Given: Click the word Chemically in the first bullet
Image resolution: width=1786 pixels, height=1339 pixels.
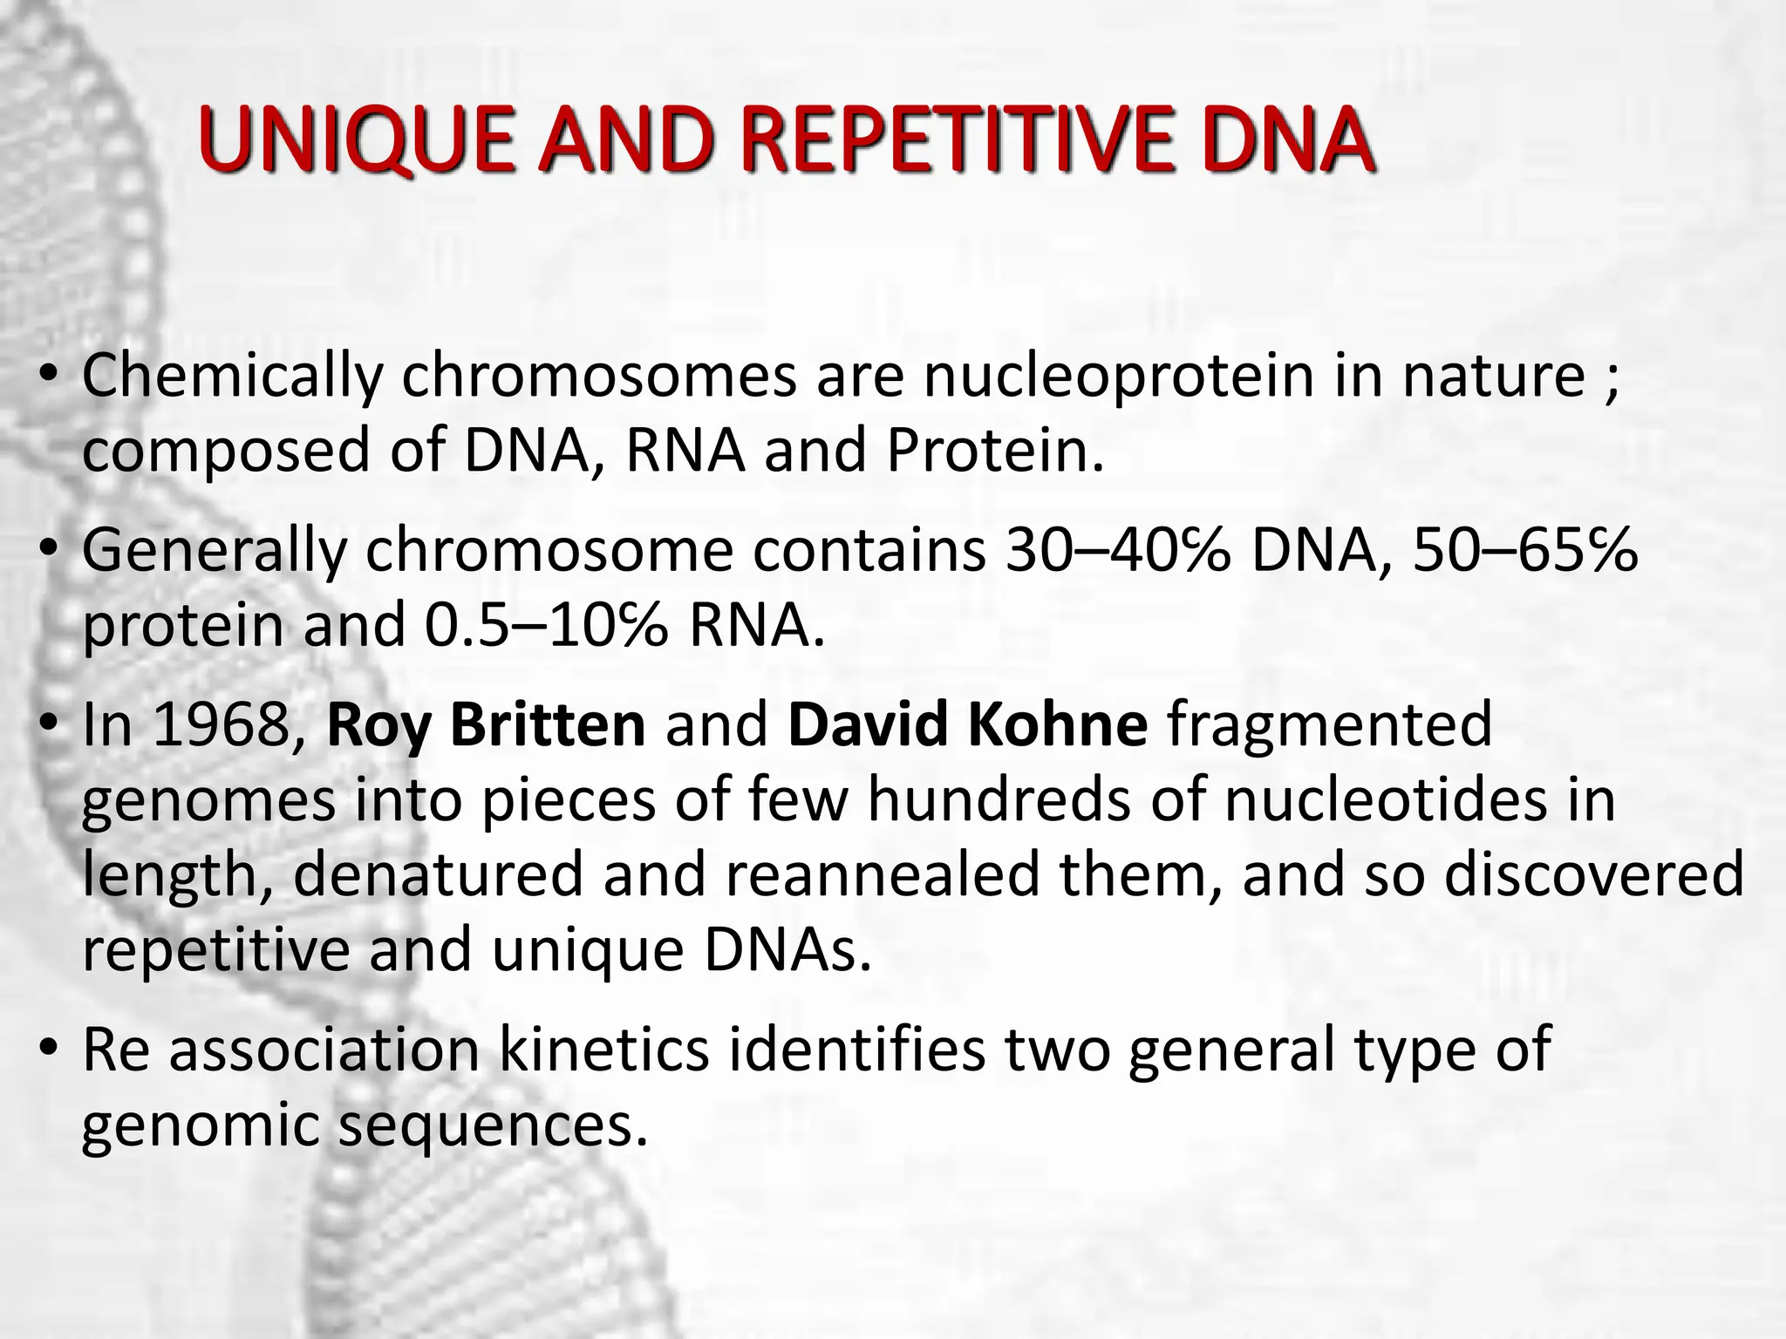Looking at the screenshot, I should coord(232,377).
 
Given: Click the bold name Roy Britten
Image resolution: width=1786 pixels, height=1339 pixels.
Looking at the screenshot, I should coord(486,725).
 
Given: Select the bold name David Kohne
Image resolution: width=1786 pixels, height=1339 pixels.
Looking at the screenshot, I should coord(967,725).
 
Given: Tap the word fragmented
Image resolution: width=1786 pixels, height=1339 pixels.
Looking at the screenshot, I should coord(1329,725).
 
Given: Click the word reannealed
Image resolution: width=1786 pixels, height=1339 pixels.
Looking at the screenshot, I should coord(882,874).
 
